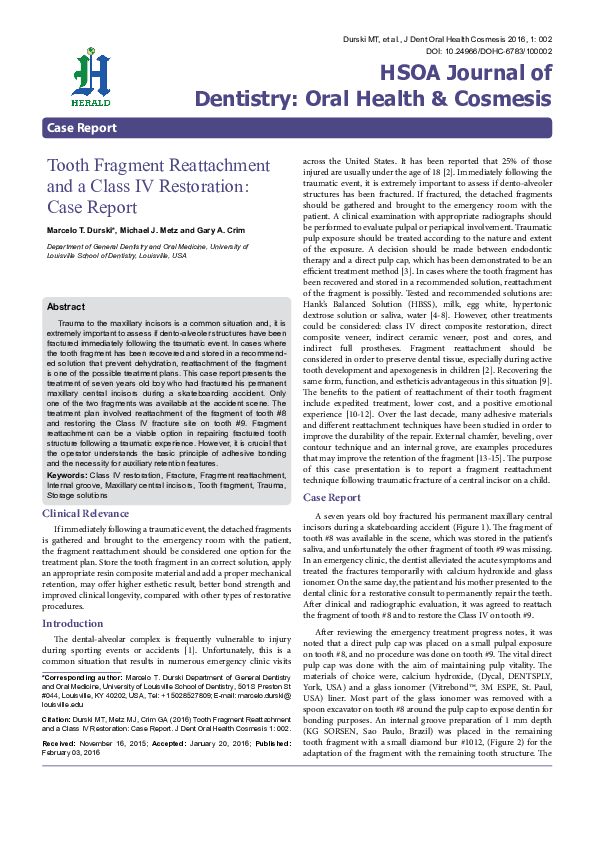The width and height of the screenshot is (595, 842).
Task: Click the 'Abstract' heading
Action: tap(66, 307)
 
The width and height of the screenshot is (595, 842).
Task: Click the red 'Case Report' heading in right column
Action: tap(332, 497)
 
